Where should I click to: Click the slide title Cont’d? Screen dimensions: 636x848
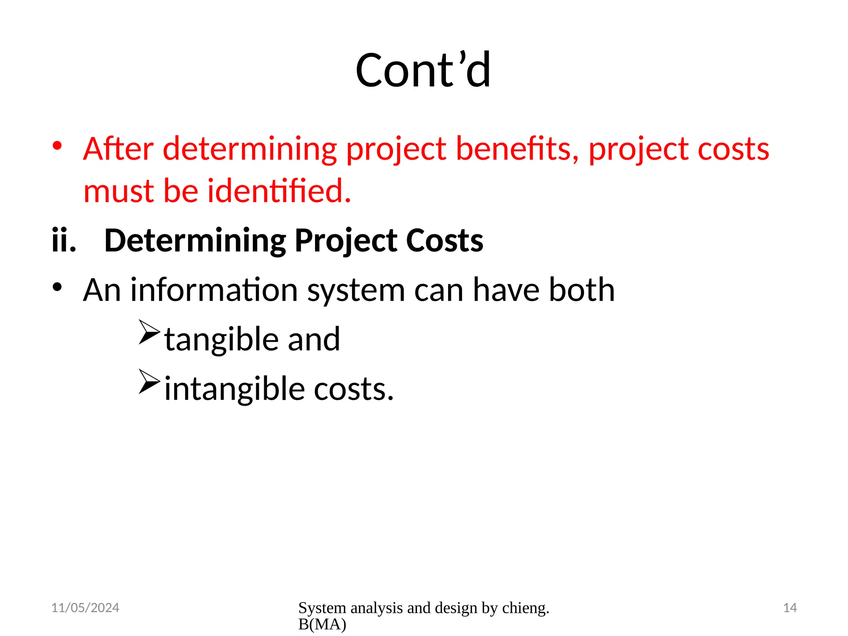(423, 70)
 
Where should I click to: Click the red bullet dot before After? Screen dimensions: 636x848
(57, 146)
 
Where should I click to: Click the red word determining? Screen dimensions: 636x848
(250, 149)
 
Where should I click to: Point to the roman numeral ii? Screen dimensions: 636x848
(64, 241)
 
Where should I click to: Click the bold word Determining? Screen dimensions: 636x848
(195, 241)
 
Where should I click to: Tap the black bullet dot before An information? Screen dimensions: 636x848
(57, 287)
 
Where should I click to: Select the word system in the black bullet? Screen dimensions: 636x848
(356, 291)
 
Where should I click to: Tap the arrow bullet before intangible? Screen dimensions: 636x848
(149, 381)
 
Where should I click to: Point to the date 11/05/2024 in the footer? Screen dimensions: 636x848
(85, 607)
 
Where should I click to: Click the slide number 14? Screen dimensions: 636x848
(790, 607)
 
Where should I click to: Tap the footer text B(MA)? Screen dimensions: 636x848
(322, 624)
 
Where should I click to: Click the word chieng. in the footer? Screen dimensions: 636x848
(525, 607)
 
